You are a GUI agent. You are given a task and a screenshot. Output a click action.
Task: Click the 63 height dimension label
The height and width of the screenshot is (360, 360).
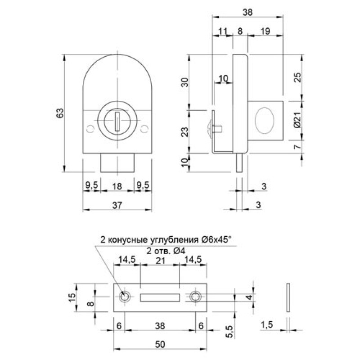tap(60, 113)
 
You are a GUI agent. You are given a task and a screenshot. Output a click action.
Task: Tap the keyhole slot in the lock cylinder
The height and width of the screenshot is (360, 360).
tap(117, 121)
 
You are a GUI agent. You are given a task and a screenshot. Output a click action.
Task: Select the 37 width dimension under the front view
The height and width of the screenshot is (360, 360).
tap(117, 205)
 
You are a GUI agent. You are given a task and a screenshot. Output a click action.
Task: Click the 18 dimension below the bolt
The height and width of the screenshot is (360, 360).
tap(117, 186)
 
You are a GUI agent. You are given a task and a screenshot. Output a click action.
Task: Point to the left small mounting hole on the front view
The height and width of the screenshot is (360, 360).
tap(90, 129)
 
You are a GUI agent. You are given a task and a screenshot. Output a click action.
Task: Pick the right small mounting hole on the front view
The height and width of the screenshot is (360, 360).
tap(144, 129)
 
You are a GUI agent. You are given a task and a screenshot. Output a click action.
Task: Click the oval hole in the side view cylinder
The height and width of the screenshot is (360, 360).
tap(265, 121)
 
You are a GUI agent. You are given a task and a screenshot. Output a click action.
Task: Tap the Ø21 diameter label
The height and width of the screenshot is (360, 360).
tap(297, 120)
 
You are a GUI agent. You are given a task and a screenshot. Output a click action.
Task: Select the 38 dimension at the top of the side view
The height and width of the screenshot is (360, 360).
tap(247, 12)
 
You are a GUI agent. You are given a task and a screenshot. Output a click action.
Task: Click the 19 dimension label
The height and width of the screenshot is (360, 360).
tap(265, 31)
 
